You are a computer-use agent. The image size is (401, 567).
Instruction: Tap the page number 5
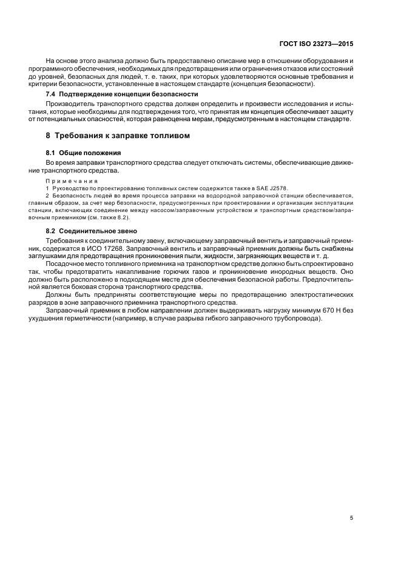(x=352, y=518)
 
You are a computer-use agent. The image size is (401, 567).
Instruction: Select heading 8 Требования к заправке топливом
(x=118, y=136)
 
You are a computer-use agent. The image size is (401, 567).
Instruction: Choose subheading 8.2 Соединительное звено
(x=92, y=231)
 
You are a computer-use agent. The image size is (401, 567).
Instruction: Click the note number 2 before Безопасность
(x=49, y=196)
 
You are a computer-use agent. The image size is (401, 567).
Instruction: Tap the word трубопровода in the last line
(x=295, y=319)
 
